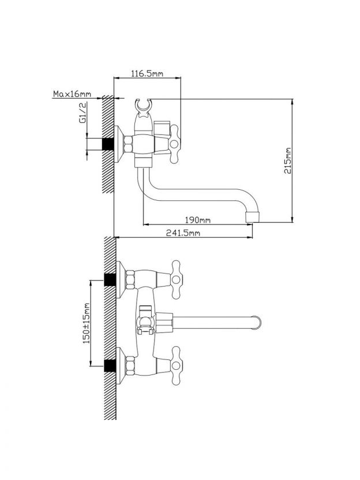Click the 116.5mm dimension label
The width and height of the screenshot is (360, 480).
click(x=147, y=73)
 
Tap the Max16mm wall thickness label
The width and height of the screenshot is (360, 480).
click(x=72, y=93)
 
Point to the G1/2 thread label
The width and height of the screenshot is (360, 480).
click(x=82, y=112)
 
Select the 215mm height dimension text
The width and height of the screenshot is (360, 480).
click(x=288, y=161)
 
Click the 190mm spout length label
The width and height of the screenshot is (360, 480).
click(x=198, y=220)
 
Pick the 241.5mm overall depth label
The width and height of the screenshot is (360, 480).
click(x=183, y=233)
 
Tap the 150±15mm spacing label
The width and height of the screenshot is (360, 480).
click(x=87, y=323)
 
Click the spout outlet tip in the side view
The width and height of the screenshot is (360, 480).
click(x=253, y=216)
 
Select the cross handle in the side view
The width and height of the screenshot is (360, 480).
click(x=174, y=144)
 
